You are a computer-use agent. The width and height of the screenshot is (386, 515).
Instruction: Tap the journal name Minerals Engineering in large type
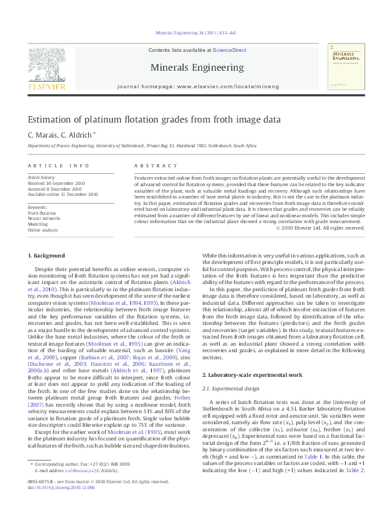click(x=192, y=66)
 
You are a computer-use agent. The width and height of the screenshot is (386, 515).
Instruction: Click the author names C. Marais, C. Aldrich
click(x=62, y=135)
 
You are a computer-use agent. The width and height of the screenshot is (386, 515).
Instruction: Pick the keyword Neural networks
click(x=43, y=219)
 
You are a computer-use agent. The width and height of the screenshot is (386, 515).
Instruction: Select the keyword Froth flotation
click(x=42, y=213)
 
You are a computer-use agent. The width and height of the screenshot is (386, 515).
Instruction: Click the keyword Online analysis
click(x=43, y=230)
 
